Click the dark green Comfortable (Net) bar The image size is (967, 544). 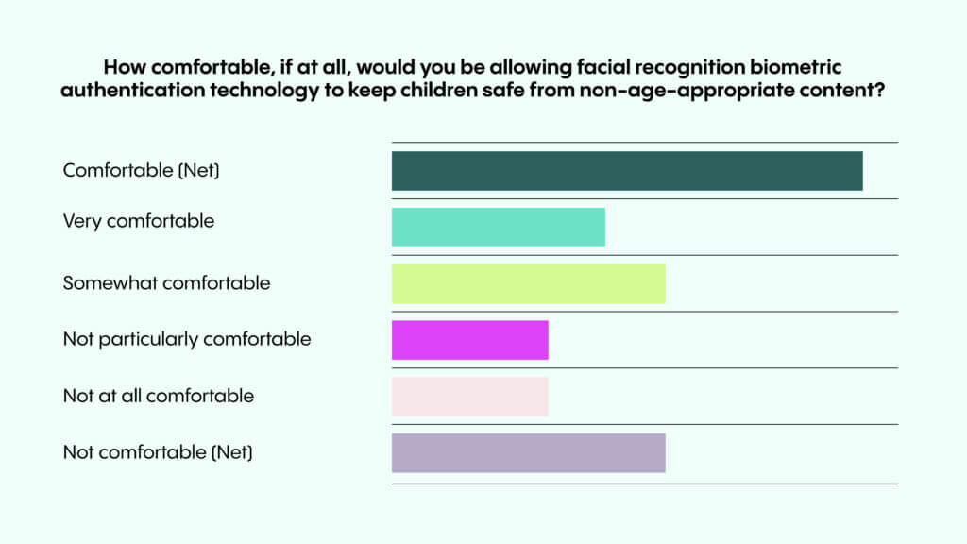pyautogui.click(x=627, y=171)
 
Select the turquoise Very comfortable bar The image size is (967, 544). pyautogui.click(x=498, y=228)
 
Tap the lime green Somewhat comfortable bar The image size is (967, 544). pyautogui.click(x=528, y=284)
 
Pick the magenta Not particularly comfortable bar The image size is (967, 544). pyautogui.click(x=469, y=341)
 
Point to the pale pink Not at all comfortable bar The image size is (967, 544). pyautogui.click(x=469, y=397)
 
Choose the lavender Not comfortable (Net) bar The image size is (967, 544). pyautogui.click(x=528, y=453)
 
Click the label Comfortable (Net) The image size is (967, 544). pyautogui.click(x=147, y=171)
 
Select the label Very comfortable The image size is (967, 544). pyautogui.click(x=139, y=222)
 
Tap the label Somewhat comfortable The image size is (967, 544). pyautogui.click(x=166, y=283)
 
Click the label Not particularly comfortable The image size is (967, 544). pyautogui.click(x=187, y=339)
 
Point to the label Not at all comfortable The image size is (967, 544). pyautogui.click(x=159, y=396)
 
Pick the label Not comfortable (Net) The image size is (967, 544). pyautogui.click(x=158, y=452)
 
